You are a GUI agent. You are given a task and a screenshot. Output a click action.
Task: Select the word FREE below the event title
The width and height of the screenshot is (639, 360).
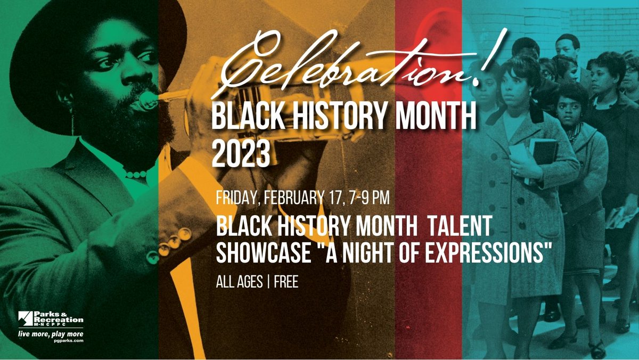(x=286, y=282)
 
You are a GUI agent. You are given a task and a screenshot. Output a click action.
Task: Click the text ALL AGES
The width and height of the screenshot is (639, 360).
(x=239, y=282)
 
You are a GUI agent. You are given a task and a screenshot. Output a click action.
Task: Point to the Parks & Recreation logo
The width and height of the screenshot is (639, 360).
(x=51, y=320)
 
